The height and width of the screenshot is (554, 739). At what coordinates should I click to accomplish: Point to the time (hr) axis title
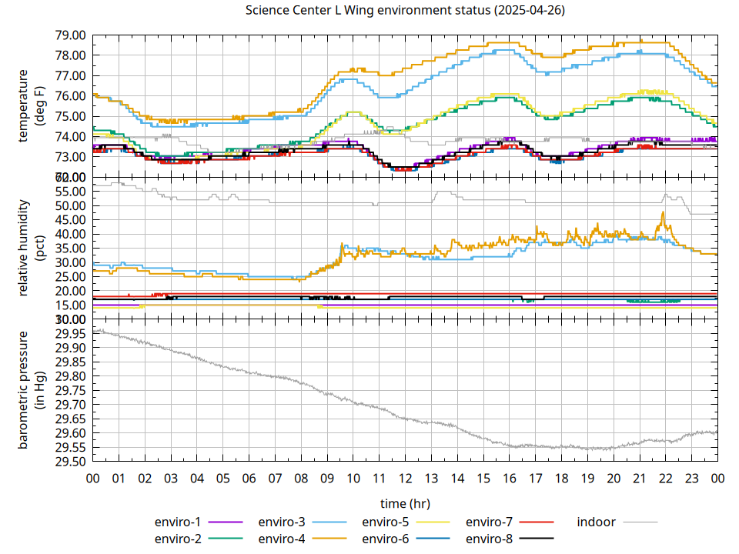(405, 503)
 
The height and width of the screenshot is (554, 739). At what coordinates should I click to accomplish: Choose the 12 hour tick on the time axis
(405, 478)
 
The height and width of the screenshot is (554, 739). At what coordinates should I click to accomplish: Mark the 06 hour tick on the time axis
(249, 478)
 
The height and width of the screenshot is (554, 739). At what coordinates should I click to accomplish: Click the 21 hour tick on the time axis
(639, 478)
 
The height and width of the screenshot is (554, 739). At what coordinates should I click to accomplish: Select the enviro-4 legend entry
(282, 538)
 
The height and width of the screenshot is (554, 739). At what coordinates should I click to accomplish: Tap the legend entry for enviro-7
(490, 522)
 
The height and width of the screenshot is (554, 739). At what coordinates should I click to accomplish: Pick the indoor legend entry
(597, 522)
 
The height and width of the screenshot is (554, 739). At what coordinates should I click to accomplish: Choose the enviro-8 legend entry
(490, 538)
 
